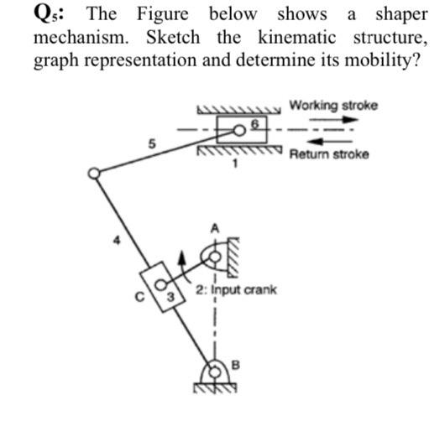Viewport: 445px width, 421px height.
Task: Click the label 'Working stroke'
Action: (x=332, y=106)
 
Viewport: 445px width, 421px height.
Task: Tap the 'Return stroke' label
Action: (x=328, y=156)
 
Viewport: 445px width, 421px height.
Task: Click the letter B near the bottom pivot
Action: (x=235, y=362)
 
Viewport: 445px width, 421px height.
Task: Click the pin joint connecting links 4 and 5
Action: (x=95, y=173)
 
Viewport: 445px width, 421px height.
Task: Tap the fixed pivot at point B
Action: (x=216, y=369)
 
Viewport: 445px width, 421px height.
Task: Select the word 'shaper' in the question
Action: (x=401, y=14)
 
